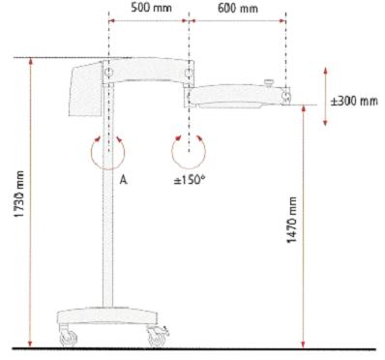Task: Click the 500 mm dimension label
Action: tap(151, 8)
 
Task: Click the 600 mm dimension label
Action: tap(238, 8)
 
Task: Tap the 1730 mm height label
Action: tap(20, 194)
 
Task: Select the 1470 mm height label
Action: tap(292, 220)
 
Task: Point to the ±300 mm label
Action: tap(354, 101)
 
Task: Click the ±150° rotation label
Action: tap(190, 180)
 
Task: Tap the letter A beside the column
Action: tap(123, 180)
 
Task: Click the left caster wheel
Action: tap(68, 337)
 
